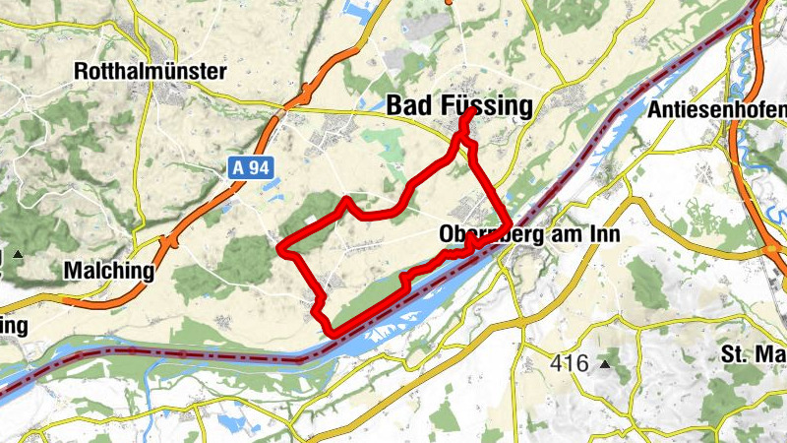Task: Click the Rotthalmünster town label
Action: pos(150,72)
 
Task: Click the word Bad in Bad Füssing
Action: pos(408,105)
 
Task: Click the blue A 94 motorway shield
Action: pos(251,167)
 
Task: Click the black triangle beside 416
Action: pos(604,364)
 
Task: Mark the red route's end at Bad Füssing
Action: pos(474,110)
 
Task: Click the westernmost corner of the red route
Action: pos(281,248)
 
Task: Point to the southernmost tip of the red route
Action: pos(334,335)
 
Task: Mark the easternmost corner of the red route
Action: pos(508,223)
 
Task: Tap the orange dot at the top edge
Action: pos(449,2)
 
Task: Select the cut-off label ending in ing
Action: pos(14,324)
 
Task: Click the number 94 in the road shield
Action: pos(259,167)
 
